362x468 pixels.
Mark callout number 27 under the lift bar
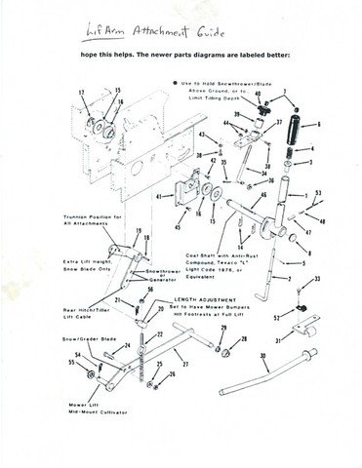(185, 363)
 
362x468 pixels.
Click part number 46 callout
(261, 196)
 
